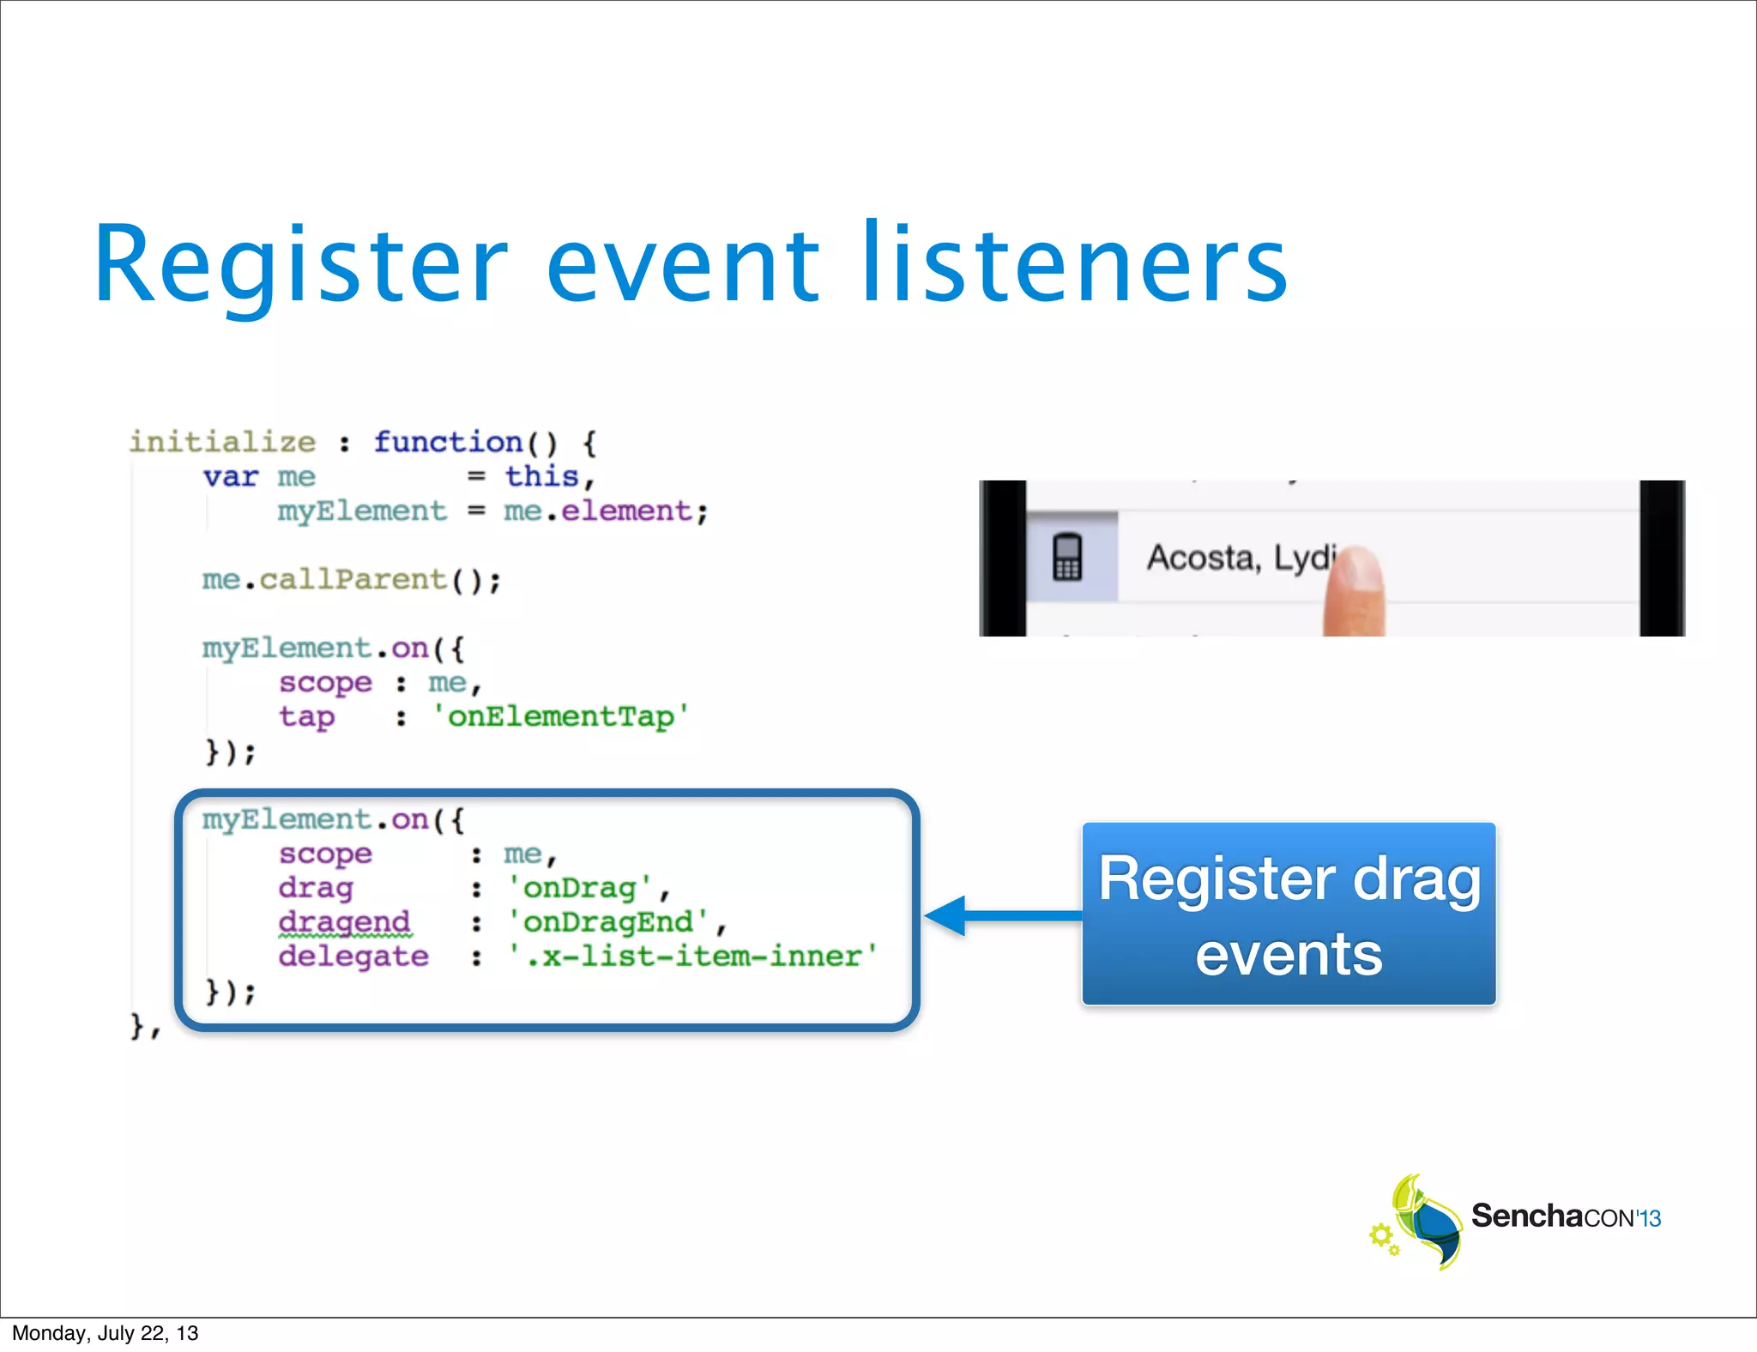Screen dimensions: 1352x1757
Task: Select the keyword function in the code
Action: click(x=448, y=443)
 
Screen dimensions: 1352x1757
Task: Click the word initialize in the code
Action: click(x=222, y=443)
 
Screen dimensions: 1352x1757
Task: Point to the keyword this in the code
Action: click(x=541, y=476)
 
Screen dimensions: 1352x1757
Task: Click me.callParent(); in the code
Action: click(x=351, y=581)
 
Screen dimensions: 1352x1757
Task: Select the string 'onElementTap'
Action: click(x=560, y=716)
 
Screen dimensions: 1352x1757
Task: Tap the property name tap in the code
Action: click(x=306, y=716)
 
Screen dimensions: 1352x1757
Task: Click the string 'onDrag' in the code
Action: click(x=580, y=888)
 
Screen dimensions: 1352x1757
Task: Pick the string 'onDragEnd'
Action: click(x=608, y=922)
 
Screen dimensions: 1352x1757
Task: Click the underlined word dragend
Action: click(x=344, y=922)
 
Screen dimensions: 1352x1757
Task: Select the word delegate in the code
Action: click(x=353, y=957)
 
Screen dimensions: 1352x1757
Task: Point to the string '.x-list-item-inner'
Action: click(x=693, y=957)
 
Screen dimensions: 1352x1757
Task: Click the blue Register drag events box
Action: click(x=1289, y=914)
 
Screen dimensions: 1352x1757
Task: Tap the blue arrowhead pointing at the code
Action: click(x=947, y=916)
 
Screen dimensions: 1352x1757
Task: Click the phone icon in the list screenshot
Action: click(x=1067, y=558)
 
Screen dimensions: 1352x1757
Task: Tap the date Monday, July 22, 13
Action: click(x=106, y=1333)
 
